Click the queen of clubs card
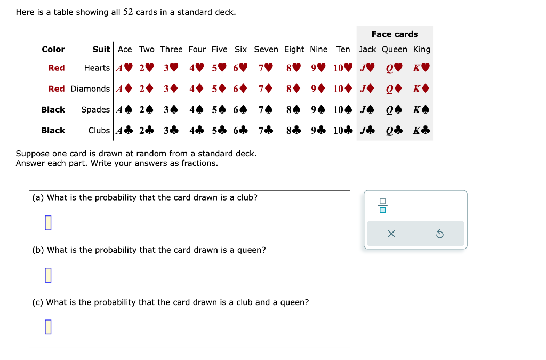tap(394, 131)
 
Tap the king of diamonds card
tap(421, 89)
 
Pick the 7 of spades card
tap(266, 110)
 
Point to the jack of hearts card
tap(367, 68)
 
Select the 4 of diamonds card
tap(197, 89)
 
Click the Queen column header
tap(394, 50)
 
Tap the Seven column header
tap(266, 50)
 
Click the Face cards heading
tap(395, 34)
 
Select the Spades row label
tap(95, 110)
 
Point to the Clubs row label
tap(99, 131)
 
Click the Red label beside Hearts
tap(56, 68)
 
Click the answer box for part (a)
tap(48, 222)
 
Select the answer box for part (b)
tap(48, 275)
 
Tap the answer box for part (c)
tap(48, 326)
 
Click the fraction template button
tap(382, 205)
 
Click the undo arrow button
tap(440, 234)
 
